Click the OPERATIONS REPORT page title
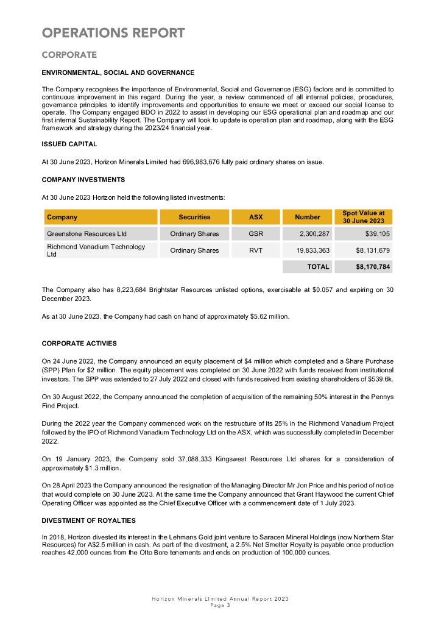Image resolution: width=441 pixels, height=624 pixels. [113, 33]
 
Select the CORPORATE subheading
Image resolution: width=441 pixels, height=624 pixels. [69, 55]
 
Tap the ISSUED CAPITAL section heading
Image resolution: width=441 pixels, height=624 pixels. [69, 144]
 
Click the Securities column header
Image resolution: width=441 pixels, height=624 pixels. [194, 217]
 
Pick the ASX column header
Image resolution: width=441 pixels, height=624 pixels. [256, 217]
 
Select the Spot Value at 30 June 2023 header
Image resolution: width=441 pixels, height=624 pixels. [363, 217]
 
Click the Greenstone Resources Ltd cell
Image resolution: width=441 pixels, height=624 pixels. [86, 233]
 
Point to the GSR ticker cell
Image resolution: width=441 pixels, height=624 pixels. [256, 233]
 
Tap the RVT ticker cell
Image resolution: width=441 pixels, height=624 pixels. [256, 250]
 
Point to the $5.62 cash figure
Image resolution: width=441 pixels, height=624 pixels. [260, 317]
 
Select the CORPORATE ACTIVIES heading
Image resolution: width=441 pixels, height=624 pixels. [79, 344]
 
